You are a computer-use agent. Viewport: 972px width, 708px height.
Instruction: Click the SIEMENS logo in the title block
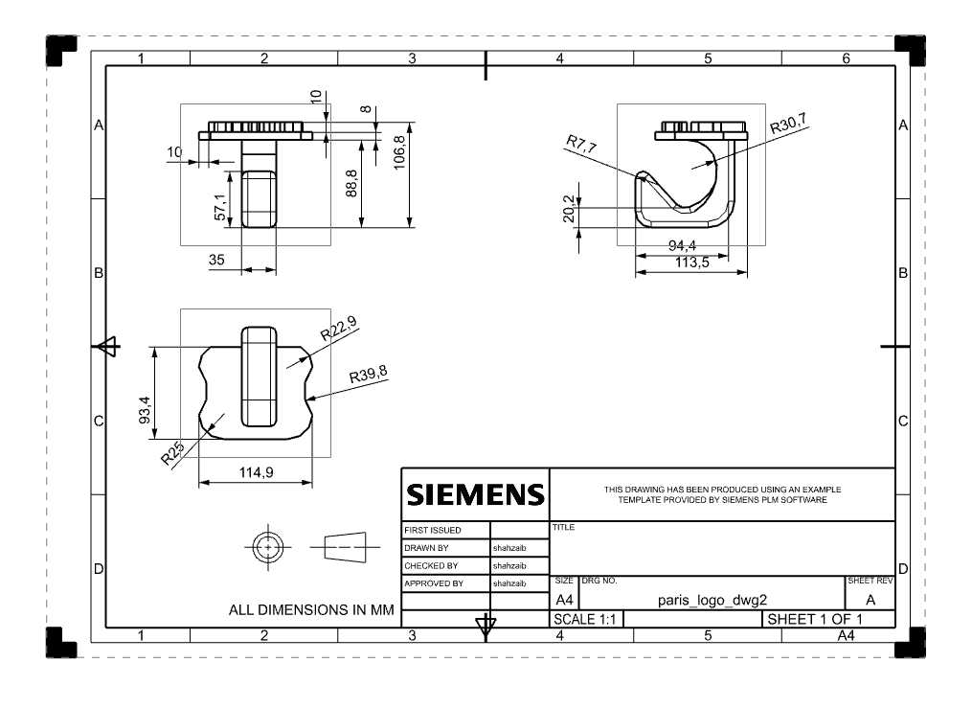475,494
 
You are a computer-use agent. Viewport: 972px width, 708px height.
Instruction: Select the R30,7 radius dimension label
788,124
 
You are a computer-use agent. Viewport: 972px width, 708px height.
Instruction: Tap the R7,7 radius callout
581,145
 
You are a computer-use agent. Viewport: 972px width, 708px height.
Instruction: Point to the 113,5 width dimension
691,263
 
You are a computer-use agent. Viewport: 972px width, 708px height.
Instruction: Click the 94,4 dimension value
682,245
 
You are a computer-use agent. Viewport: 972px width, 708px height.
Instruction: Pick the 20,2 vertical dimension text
569,209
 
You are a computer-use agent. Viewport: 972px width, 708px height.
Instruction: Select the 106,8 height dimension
399,152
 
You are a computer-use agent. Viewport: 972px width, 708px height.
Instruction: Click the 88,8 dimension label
351,184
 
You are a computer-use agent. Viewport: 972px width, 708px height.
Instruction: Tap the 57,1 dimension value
220,206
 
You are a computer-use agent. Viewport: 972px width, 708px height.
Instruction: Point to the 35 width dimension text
216,260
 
